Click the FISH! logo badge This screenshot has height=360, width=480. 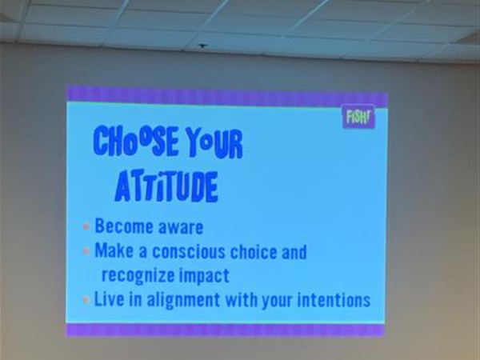358,116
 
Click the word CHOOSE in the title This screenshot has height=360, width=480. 136,141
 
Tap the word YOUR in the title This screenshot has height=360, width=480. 214,143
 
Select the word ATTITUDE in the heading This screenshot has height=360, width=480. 166,186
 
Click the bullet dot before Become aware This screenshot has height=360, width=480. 86,226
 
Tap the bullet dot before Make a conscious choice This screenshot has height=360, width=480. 86,251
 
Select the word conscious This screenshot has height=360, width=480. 189,252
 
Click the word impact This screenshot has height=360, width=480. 204,275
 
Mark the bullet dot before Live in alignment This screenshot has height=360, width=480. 86,300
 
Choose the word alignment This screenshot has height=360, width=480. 183,300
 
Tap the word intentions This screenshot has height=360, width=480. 334,300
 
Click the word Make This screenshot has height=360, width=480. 114,250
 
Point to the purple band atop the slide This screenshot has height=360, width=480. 227,96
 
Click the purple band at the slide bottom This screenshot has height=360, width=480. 226,330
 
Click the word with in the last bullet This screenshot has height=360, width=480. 242,299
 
